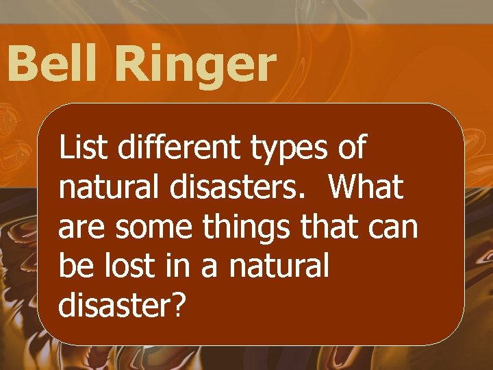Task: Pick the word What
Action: (366, 187)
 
